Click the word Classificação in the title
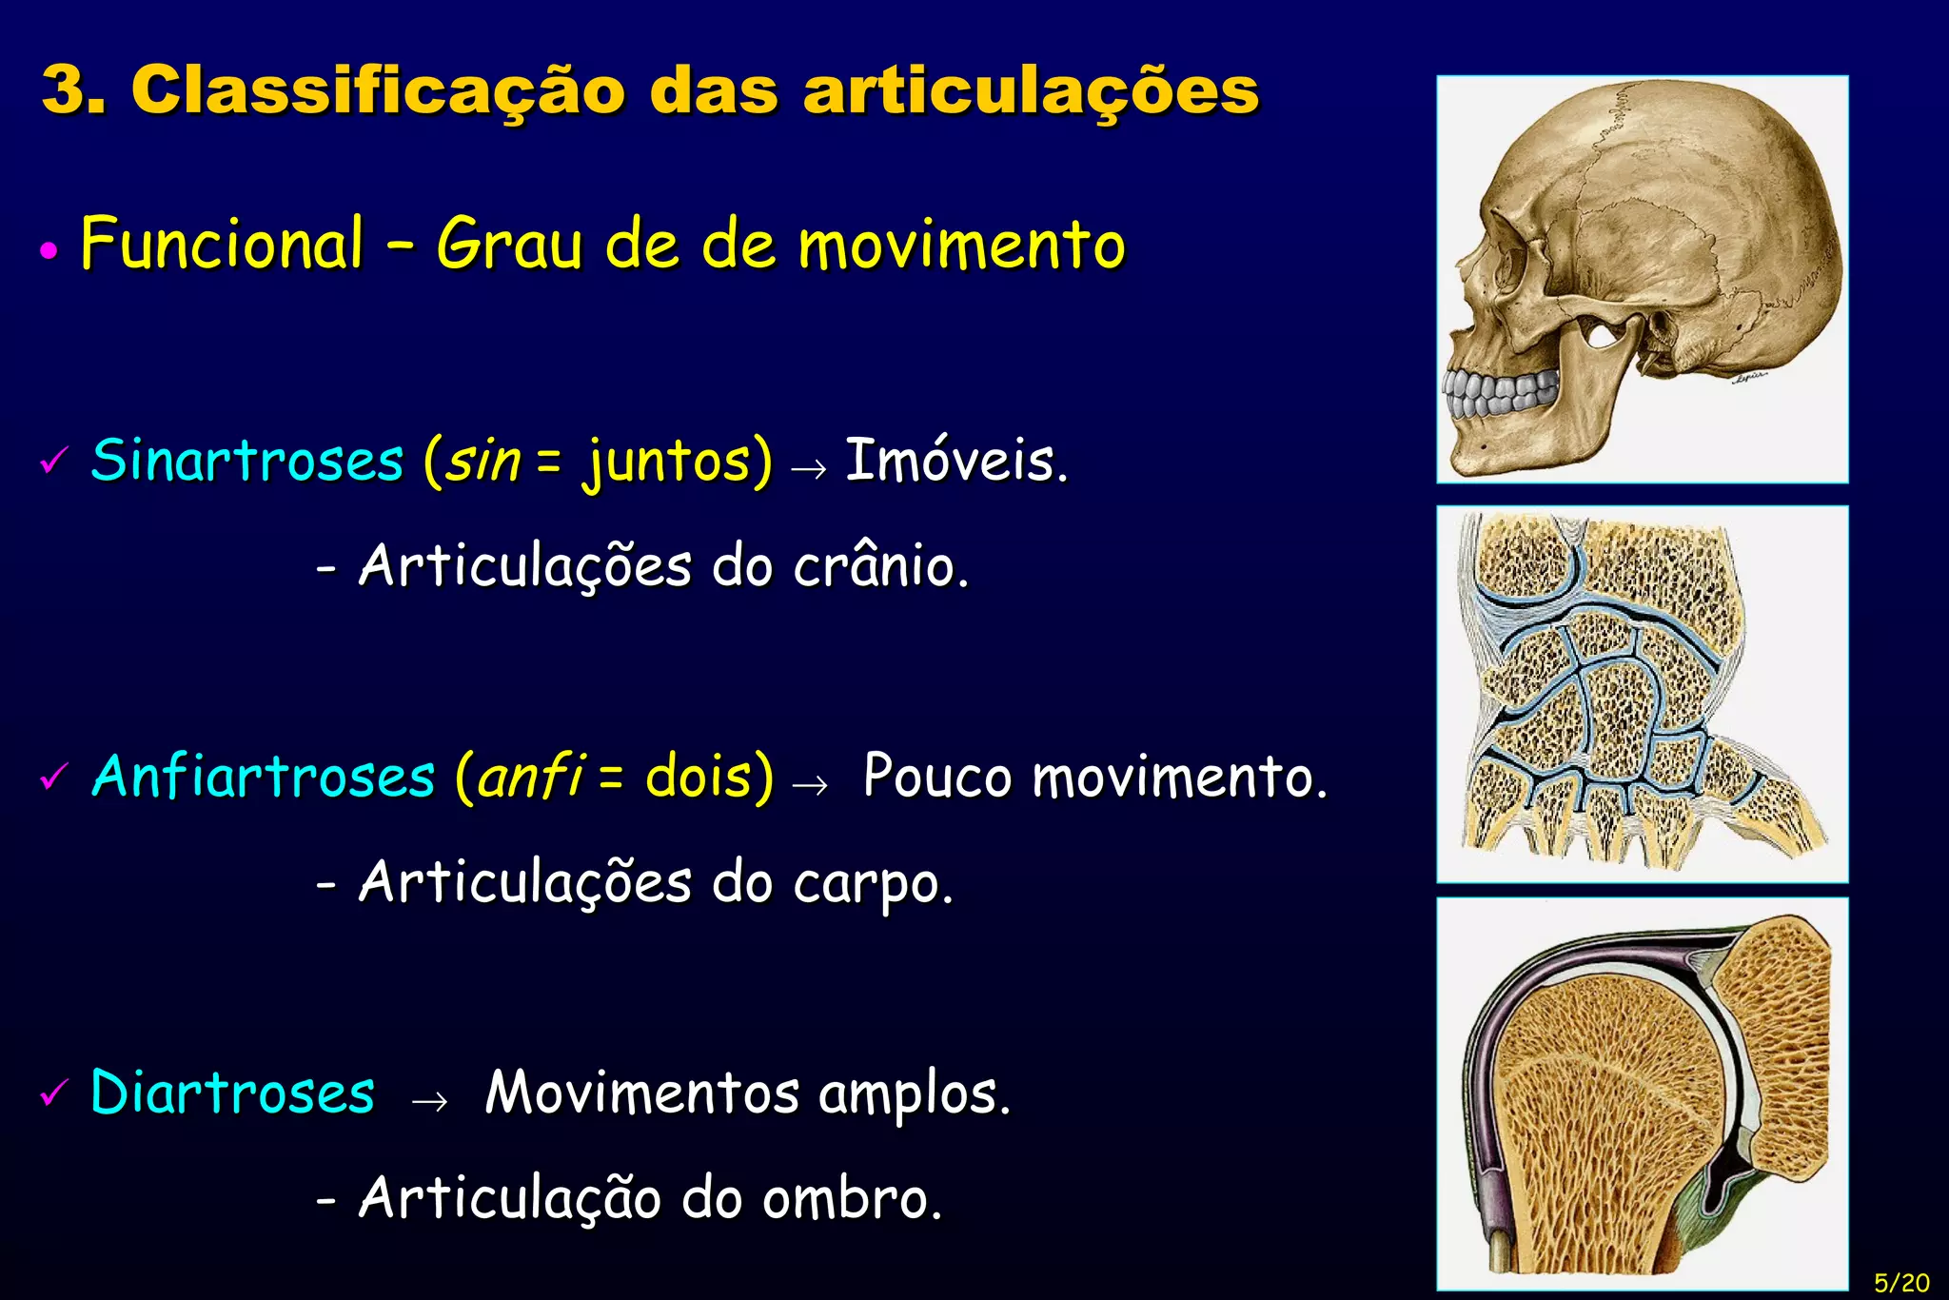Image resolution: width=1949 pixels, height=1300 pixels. click(377, 91)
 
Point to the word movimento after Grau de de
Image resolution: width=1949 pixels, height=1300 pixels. click(961, 246)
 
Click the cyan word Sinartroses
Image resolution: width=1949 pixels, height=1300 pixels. click(247, 461)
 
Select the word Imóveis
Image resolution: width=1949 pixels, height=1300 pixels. click(955, 461)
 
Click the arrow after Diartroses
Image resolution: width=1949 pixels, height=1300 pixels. click(429, 1101)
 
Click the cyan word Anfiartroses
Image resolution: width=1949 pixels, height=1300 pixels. click(264, 777)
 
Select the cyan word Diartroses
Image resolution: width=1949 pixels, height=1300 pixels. click(233, 1093)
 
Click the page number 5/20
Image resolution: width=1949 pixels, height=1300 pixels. click(1900, 1282)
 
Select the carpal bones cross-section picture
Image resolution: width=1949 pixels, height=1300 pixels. click(1643, 694)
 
